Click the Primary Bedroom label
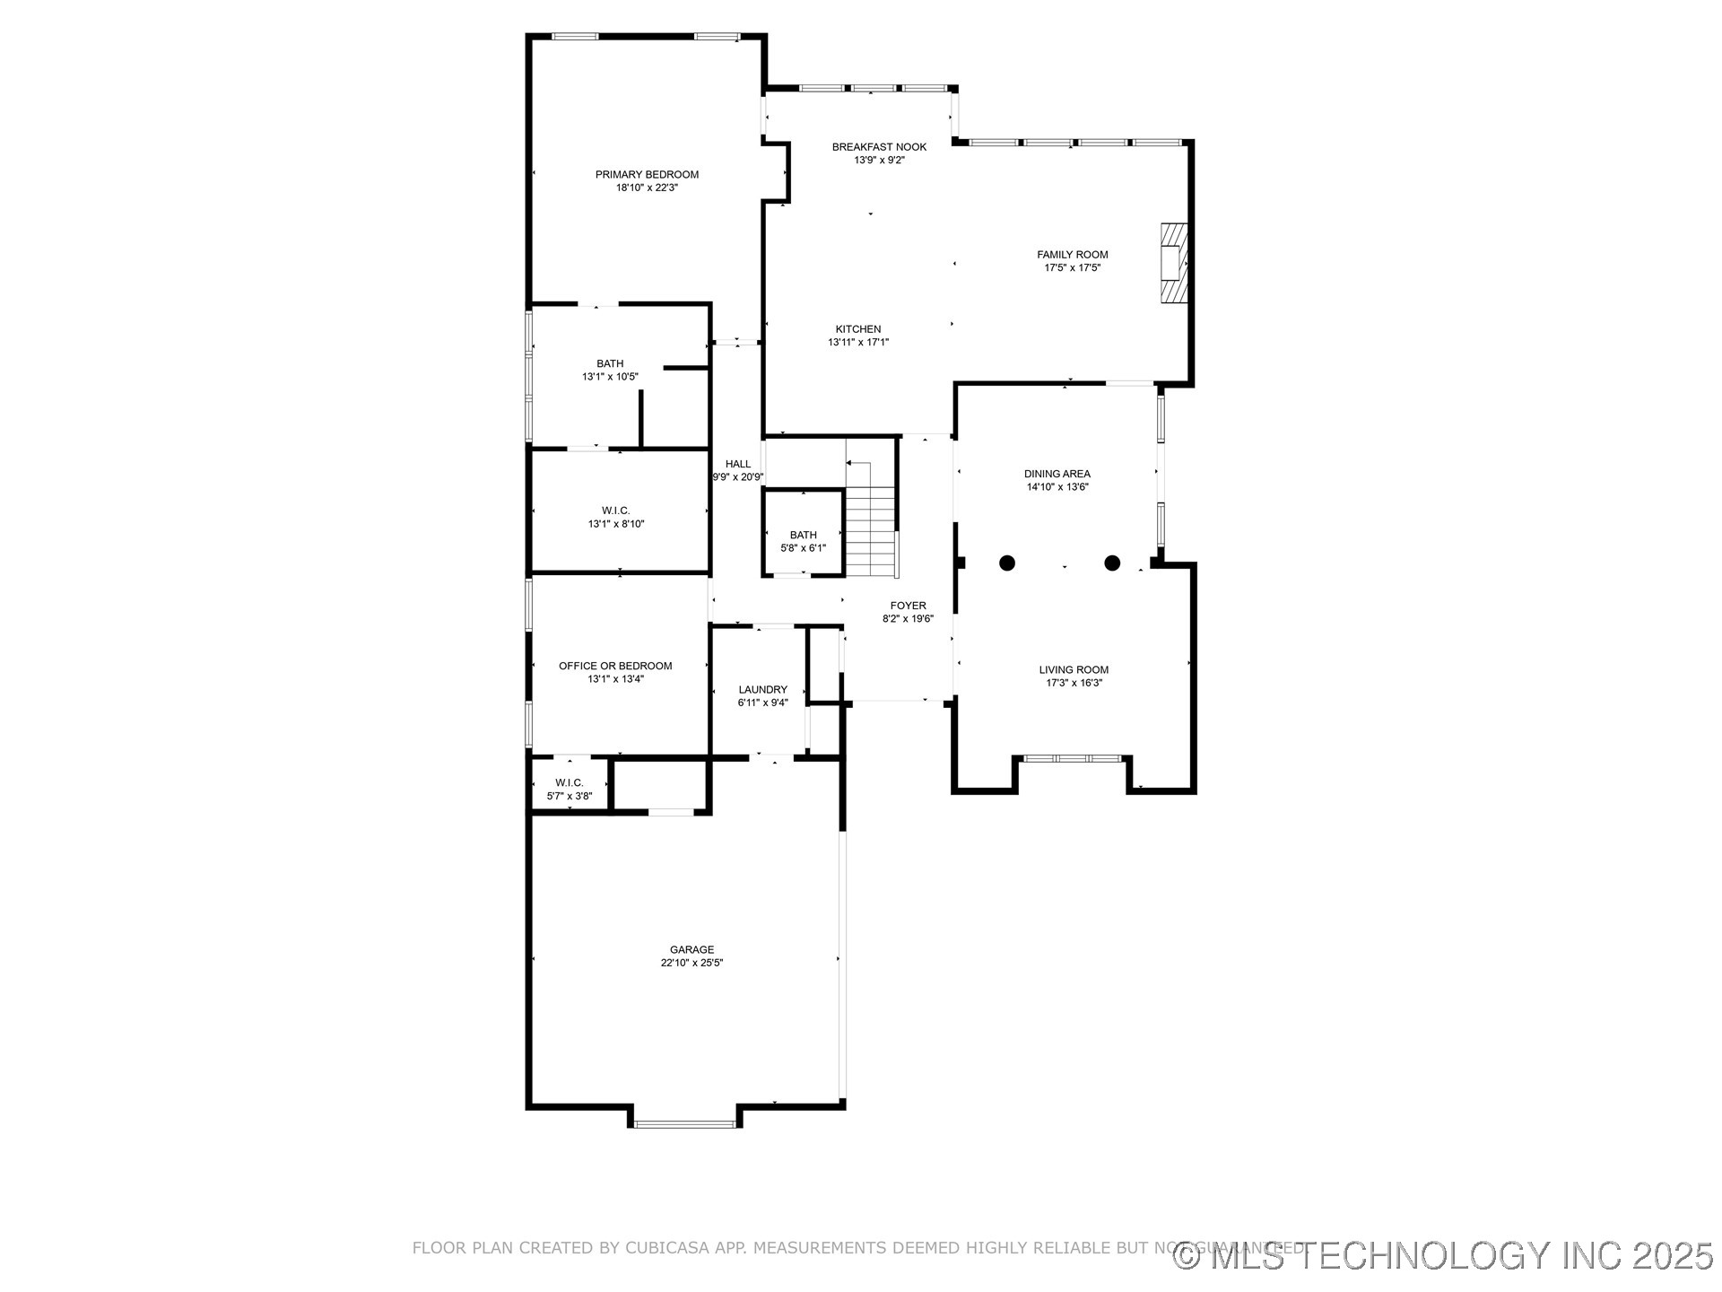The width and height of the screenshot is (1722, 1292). (647, 174)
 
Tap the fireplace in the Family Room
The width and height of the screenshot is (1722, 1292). (1174, 264)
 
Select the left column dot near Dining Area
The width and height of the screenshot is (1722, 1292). (1007, 563)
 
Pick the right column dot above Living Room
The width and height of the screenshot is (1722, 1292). (1112, 563)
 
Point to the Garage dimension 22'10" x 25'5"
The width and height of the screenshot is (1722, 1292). (691, 963)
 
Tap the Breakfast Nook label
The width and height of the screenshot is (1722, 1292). (879, 146)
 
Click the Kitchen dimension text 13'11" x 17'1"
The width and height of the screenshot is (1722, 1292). (858, 342)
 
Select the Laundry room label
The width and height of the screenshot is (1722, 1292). (762, 689)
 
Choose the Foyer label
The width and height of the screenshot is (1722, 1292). (908, 606)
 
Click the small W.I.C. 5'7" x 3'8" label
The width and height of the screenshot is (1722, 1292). (569, 783)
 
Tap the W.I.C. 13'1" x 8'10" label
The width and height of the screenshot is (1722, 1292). (615, 511)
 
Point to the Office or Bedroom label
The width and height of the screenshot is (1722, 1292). (614, 666)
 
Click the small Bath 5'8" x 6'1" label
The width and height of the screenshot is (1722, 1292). (803, 535)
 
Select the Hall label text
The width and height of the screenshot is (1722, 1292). (737, 464)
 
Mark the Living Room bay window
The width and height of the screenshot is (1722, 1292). (1073, 759)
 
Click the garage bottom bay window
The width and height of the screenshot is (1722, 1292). (685, 1123)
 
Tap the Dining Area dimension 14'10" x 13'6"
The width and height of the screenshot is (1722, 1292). (1057, 487)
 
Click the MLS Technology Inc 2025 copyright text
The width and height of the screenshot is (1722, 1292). (1444, 1255)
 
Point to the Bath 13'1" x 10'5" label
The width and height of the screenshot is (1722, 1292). (610, 363)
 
